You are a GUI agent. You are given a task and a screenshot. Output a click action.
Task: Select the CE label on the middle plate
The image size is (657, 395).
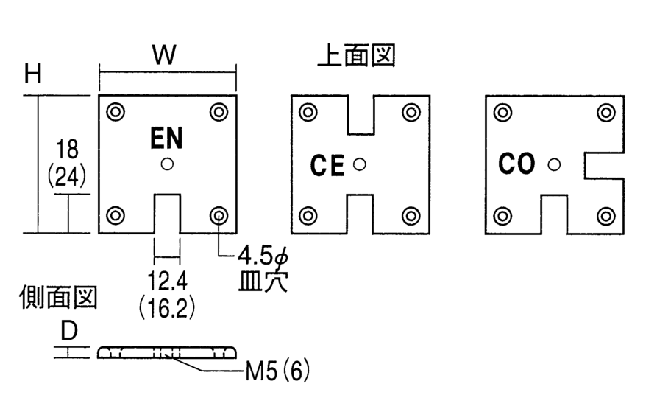[x=327, y=166]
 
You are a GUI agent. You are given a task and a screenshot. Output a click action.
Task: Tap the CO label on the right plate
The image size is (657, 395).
[x=516, y=164]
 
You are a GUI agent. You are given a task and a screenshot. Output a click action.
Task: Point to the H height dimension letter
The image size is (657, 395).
[x=32, y=74]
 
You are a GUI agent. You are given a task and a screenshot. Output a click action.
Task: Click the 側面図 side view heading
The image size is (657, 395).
[x=57, y=297]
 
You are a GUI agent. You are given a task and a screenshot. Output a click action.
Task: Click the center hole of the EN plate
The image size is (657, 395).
[x=167, y=164]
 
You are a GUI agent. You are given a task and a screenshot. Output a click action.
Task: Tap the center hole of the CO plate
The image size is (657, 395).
[x=553, y=164]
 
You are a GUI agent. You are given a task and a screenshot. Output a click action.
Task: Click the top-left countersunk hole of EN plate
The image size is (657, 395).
[x=116, y=112]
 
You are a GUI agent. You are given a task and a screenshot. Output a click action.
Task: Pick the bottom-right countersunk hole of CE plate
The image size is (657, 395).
[x=411, y=216]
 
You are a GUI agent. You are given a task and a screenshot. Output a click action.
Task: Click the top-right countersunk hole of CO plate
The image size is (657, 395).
[x=605, y=112]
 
